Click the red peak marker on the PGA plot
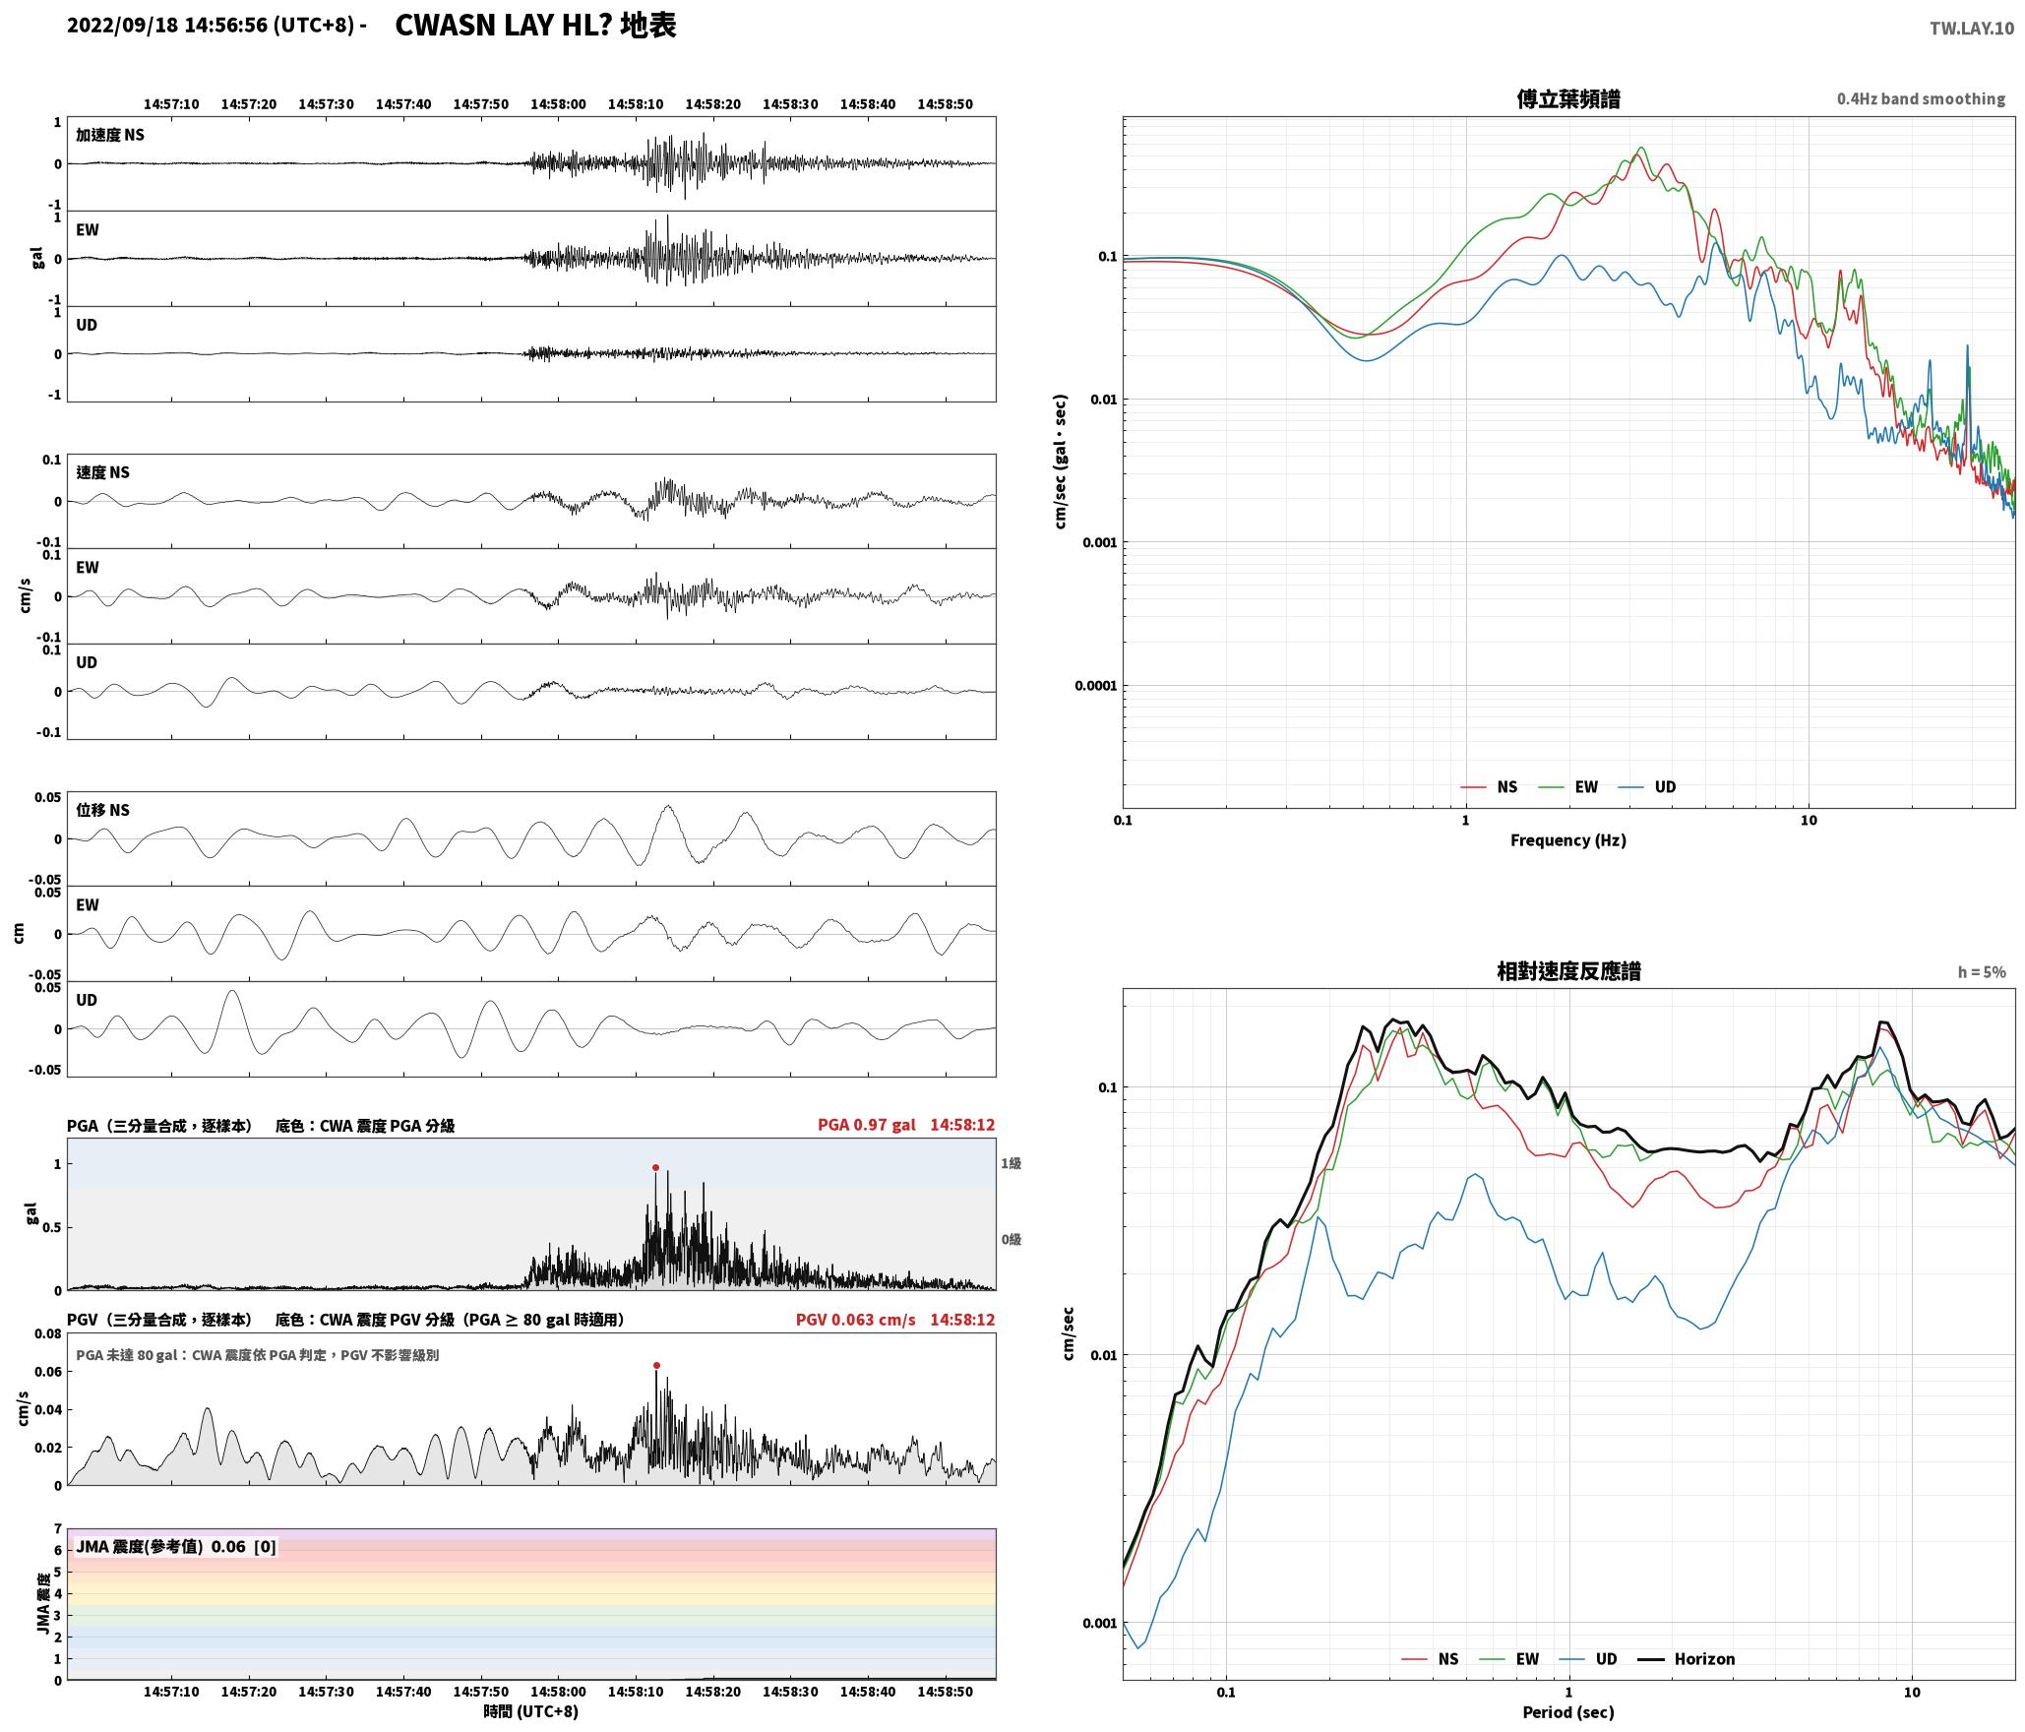pos(655,1168)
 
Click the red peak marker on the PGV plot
pos(656,1366)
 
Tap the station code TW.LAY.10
pos(1971,29)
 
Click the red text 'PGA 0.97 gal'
pos(866,1125)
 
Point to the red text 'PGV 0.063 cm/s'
pos(855,1320)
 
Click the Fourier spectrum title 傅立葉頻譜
pos(1568,98)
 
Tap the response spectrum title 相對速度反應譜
pos(1568,970)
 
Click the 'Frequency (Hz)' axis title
pos(1568,839)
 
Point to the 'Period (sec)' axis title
pos(1568,1711)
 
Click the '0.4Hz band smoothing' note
pos(1921,98)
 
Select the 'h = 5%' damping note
pos(1982,971)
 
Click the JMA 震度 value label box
pos(176,1546)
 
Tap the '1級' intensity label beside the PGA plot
pos(1012,1163)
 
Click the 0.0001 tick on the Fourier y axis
pos(1095,686)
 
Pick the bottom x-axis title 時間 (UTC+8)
pos(531,1711)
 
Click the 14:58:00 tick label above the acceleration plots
pos(558,104)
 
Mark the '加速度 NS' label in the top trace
pos(110,135)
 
